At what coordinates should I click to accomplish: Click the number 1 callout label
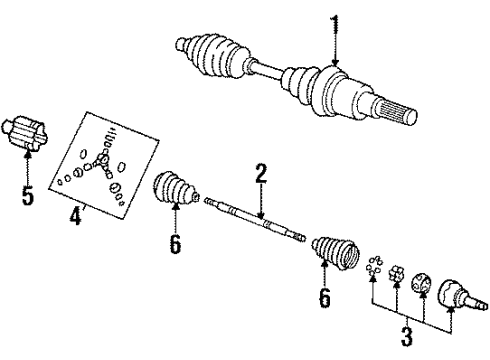click(336, 23)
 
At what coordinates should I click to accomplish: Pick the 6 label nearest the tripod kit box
click(175, 243)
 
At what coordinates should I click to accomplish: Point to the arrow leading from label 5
click(28, 165)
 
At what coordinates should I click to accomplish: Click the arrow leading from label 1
click(336, 50)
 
